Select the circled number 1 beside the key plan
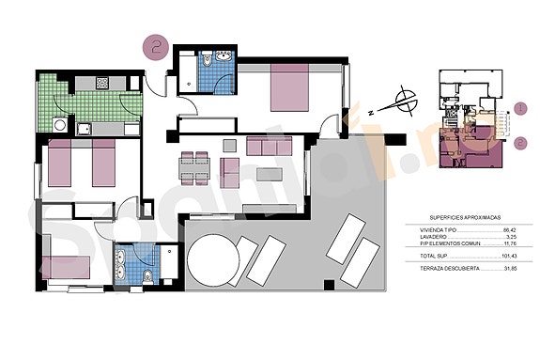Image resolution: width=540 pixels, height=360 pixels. (521, 109)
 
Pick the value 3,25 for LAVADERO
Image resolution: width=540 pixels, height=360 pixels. (513, 238)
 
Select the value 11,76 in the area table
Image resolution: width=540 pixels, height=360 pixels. (511, 245)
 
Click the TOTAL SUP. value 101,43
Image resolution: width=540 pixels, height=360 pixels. (510, 256)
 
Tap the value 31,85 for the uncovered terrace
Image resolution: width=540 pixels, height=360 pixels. (511, 268)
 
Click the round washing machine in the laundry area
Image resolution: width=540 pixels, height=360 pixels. (60, 124)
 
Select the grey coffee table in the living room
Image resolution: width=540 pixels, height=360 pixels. (270, 174)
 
